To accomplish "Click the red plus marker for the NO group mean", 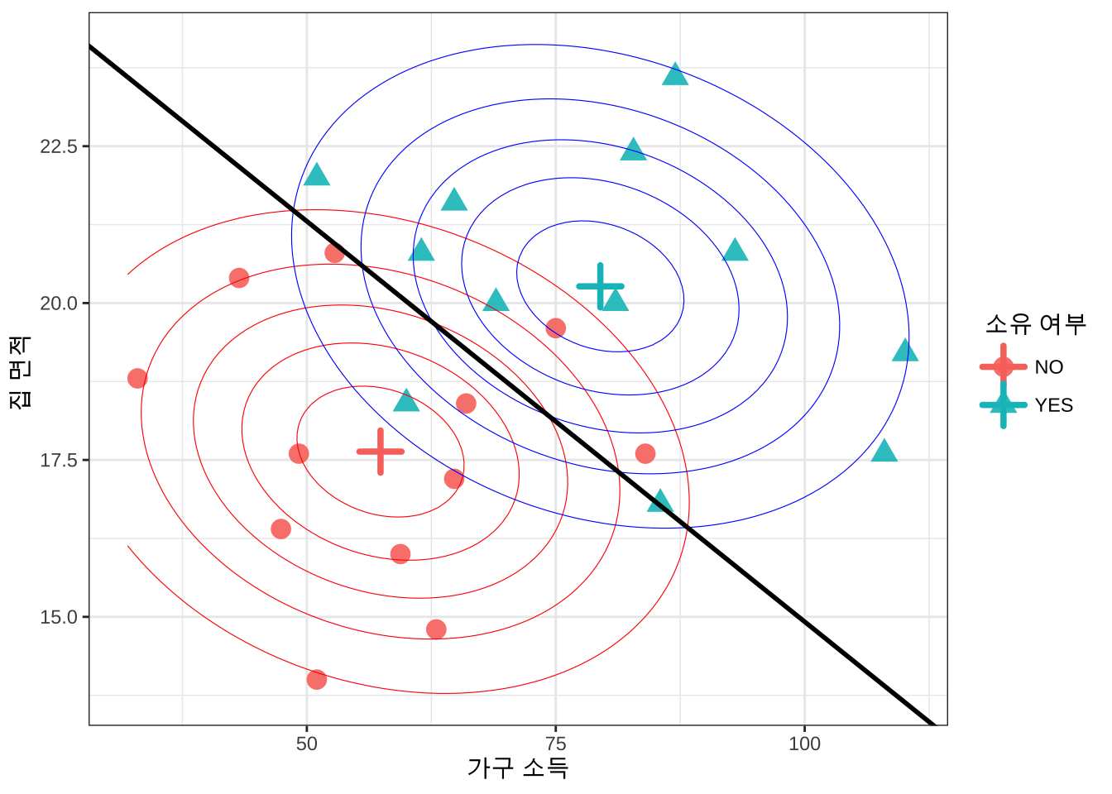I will point(381,452).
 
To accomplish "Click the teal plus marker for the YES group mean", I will point(601,286).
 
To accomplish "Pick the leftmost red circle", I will point(137,379).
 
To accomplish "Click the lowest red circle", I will point(317,680).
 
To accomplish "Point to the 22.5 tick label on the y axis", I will point(59,146).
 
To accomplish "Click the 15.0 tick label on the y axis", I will point(59,617).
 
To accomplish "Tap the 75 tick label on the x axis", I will point(556,744).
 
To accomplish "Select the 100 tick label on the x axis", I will point(804,744).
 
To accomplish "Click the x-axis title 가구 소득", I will point(518,768).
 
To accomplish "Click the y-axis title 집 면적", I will point(20,371).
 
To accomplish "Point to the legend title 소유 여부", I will point(1035,323).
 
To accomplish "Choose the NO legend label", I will point(1049,367).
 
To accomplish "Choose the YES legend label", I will point(1054,405).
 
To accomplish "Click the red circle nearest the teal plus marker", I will point(556,328).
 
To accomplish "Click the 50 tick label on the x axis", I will point(307,744).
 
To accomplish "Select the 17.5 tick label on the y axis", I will point(59,460).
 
